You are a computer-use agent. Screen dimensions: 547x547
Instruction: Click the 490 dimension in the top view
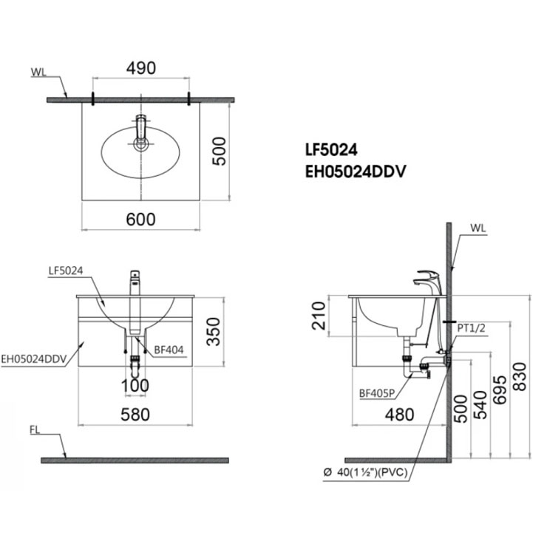click(x=140, y=68)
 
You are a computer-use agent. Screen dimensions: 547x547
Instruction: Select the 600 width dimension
click(x=140, y=219)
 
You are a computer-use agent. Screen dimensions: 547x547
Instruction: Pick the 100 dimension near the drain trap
click(x=135, y=385)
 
